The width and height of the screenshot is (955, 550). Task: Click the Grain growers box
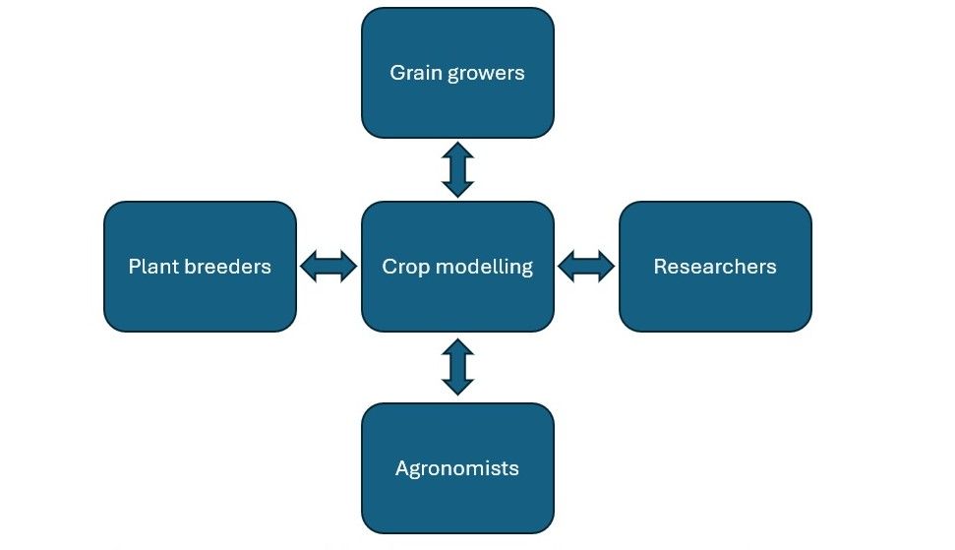point(457,73)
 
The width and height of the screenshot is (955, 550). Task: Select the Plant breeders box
point(200,267)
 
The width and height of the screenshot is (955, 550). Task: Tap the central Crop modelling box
point(457,267)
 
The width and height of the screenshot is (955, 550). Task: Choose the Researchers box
point(715,267)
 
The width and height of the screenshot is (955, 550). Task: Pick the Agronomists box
point(457,468)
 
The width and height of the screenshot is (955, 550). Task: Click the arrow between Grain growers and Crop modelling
point(458,170)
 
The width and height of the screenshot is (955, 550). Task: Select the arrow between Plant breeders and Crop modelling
point(328,267)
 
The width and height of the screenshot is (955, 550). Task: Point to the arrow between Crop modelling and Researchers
point(586,267)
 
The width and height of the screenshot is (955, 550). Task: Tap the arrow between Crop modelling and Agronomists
point(458,367)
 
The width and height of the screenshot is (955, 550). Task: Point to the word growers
point(486,75)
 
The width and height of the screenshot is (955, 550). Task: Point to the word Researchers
point(715,267)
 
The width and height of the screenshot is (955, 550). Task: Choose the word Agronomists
point(457,469)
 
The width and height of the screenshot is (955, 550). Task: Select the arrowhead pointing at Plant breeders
point(309,267)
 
